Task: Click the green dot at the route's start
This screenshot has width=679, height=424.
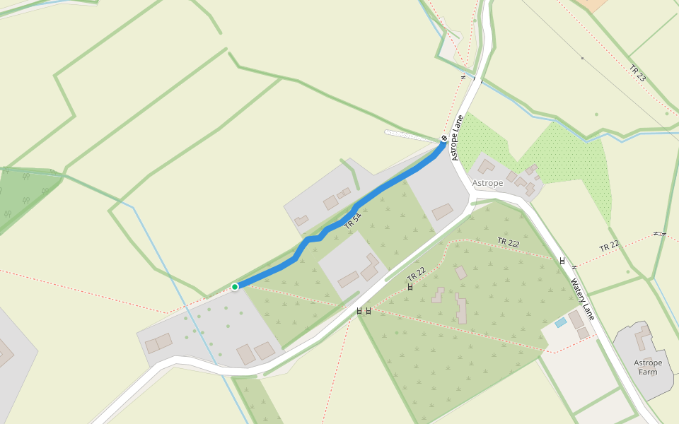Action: coord(235,286)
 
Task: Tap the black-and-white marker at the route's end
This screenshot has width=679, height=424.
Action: coord(444,138)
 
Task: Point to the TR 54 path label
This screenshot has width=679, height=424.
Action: coord(353,220)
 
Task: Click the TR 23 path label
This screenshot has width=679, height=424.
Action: coord(637,73)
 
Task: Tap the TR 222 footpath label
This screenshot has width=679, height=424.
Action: coord(508,242)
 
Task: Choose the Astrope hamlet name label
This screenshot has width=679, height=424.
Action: coord(488,183)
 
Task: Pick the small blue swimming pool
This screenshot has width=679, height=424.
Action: coord(561,322)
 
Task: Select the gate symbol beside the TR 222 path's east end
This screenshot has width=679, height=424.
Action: coord(562,261)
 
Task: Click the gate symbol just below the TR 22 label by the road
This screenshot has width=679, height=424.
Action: coord(410,287)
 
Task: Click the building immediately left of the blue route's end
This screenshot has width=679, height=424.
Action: coord(443,211)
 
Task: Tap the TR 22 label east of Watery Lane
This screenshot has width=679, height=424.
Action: coord(609,247)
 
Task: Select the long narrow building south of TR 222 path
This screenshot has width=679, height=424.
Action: coord(461,309)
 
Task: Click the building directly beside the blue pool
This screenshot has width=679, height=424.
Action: coord(576,320)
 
